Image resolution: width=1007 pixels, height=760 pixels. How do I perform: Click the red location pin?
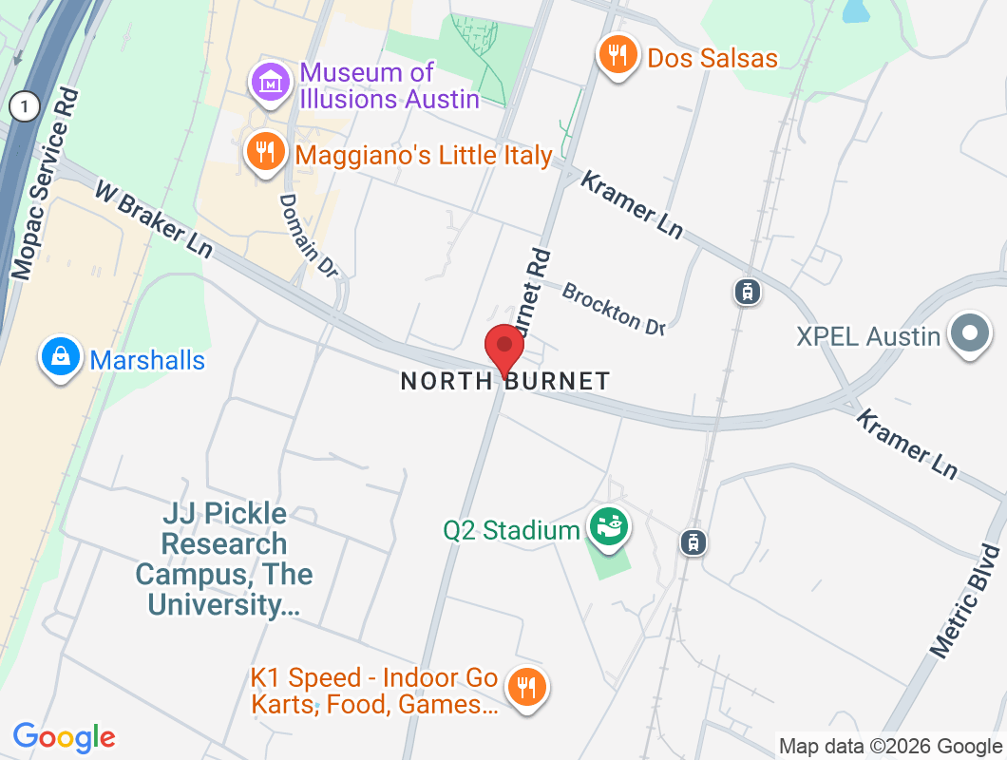[x=504, y=350]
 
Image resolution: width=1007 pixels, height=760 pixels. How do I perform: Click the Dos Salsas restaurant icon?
[x=617, y=55]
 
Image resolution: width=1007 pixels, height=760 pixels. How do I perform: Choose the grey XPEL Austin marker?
[x=970, y=334]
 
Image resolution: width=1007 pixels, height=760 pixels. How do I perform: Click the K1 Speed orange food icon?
[x=525, y=686]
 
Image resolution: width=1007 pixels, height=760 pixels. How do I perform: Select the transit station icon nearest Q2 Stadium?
[x=694, y=542]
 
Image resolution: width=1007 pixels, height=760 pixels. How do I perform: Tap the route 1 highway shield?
[x=24, y=105]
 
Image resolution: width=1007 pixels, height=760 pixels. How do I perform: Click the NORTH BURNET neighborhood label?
[x=504, y=381]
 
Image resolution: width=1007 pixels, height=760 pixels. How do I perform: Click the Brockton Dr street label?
[x=613, y=308]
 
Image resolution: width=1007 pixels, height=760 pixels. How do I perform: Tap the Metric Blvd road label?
[x=966, y=601]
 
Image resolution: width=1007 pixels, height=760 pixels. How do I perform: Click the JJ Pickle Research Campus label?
[x=224, y=559]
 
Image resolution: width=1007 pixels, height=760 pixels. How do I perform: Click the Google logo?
[x=65, y=737]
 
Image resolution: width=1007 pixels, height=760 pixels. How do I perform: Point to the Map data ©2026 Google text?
[x=890, y=747]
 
